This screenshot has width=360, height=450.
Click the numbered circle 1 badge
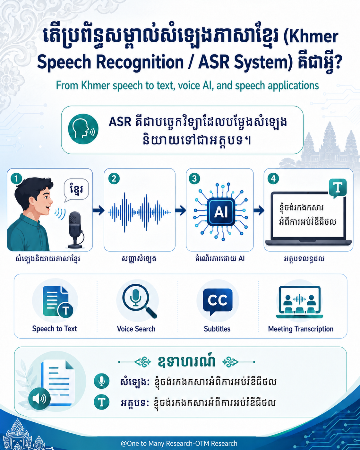tap(16, 178)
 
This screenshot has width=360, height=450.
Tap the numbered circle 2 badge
tap(114, 178)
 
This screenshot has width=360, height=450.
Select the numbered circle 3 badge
tap(194, 178)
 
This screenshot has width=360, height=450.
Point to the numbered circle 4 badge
tap(273, 178)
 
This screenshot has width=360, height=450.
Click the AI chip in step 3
tap(221, 212)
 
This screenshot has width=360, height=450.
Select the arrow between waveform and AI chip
tap(181, 210)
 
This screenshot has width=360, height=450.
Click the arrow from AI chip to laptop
tap(259, 210)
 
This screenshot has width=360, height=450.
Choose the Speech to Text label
tap(55, 329)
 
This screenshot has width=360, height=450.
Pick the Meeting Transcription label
tap(301, 329)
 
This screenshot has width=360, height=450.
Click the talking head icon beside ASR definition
tap(83, 129)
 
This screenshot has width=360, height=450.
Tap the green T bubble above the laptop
tap(338, 188)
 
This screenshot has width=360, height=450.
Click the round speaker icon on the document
tap(39, 399)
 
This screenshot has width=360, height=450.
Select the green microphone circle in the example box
tap(102, 381)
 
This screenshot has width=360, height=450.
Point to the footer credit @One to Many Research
tap(179, 443)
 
